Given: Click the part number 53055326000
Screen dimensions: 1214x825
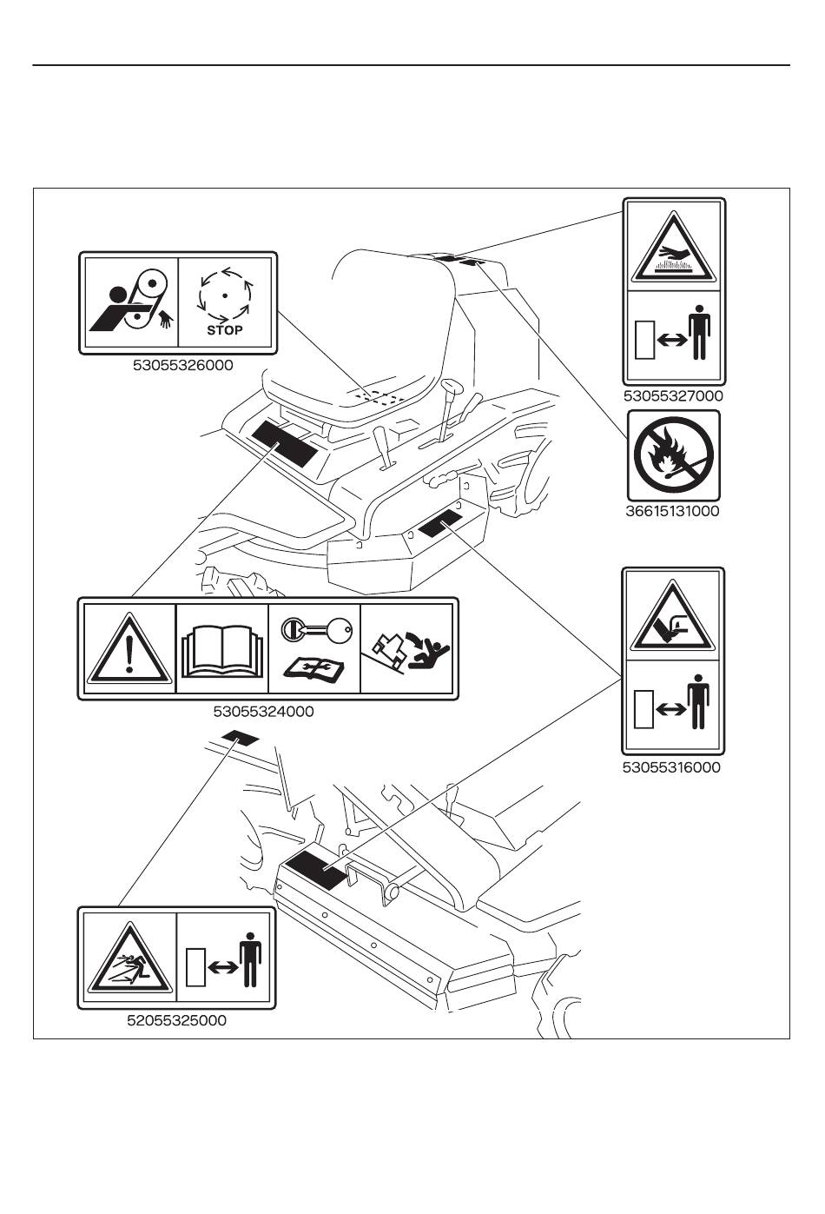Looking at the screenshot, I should (x=183, y=366).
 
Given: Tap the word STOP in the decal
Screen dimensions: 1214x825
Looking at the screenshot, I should (x=225, y=330).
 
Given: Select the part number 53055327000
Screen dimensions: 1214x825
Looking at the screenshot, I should (x=673, y=395).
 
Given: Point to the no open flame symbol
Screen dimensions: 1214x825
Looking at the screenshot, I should (x=674, y=455).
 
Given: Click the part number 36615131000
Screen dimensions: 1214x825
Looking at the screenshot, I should (x=673, y=511).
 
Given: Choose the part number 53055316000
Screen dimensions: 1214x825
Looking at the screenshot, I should (x=671, y=767).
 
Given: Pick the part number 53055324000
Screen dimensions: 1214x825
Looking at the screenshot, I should (x=263, y=711).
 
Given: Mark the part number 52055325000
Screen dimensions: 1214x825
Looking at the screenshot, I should (x=177, y=1020).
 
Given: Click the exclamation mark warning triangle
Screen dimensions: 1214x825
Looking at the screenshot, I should (x=128, y=647).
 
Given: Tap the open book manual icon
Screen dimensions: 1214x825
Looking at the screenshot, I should (x=222, y=651).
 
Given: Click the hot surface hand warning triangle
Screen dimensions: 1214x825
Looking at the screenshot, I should (x=674, y=249).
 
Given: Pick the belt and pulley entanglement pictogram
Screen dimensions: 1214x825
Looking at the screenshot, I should (x=130, y=302).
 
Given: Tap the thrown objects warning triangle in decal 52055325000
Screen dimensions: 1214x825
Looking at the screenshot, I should (x=128, y=959).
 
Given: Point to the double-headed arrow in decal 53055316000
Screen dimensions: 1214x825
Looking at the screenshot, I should (x=670, y=710).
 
